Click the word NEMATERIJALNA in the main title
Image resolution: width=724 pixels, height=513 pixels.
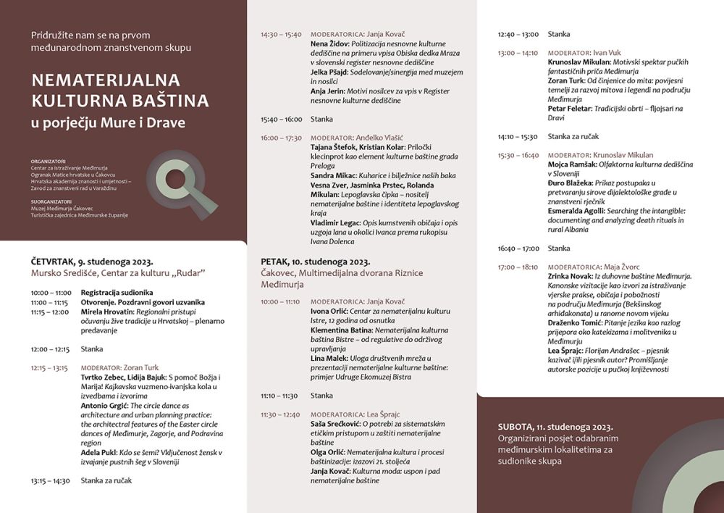(x=106, y=80)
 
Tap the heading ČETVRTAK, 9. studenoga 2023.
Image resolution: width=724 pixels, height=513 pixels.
(x=92, y=261)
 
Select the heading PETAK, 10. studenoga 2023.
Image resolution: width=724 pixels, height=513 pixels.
(x=315, y=262)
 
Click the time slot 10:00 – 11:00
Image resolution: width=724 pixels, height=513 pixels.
(x=51, y=293)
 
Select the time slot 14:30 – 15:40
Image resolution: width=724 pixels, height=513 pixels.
(x=281, y=34)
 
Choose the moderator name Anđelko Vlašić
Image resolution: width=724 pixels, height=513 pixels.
(x=382, y=138)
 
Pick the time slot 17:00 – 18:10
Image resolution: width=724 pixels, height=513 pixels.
(x=518, y=267)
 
